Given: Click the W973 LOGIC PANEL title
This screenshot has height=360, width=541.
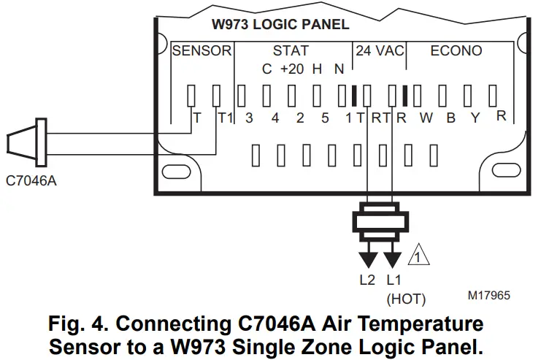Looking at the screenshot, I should pos(280,24).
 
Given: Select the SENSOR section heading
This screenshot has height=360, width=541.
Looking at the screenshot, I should pos(202,51).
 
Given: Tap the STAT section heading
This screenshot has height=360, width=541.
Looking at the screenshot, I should pos(290,51).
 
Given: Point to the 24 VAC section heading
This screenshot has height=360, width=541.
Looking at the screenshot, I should pos(380,51).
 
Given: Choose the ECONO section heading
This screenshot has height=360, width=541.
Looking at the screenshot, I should pos(456,51).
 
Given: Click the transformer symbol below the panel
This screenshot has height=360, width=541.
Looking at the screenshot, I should pos(380,227).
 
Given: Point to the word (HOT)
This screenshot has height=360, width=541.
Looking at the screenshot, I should pos(406,298).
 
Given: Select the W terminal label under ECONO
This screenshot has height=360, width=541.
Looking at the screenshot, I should pos(426,118).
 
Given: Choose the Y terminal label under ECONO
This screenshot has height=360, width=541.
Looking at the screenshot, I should pos(475,118).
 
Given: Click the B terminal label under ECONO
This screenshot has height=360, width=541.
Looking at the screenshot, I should pos(451,118).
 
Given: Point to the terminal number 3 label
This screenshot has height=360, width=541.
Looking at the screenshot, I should pos(249,118).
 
